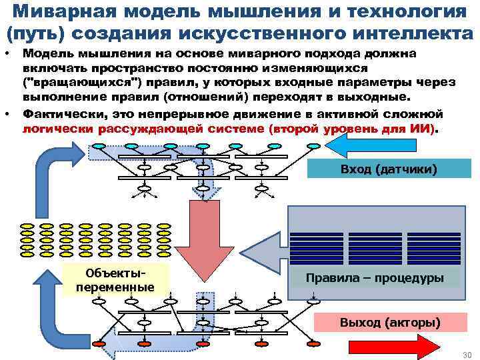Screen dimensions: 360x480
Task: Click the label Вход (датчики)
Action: click(x=389, y=169)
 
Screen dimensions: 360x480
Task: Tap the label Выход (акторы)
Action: click(x=389, y=323)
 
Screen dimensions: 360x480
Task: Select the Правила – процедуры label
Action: click(x=374, y=277)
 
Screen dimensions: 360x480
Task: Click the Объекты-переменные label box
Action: click(x=115, y=280)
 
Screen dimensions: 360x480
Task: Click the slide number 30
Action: click(x=467, y=354)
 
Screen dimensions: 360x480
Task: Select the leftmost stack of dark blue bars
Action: click(x=317, y=245)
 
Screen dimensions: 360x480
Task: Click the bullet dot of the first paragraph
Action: click(x=7, y=53)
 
